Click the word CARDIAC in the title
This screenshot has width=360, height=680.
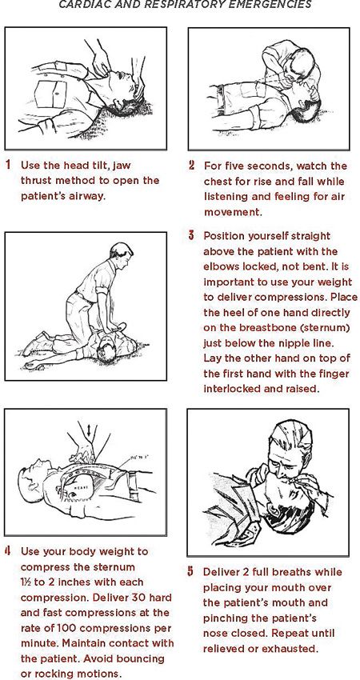(x=86, y=4)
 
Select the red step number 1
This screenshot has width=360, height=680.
(x=8, y=166)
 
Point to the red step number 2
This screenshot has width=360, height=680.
(x=191, y=166)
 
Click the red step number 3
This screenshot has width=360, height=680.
(x=191, y=236)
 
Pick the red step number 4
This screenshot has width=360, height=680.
(x=8, y=551)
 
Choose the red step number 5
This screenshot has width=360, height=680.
(x=191, y=572)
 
